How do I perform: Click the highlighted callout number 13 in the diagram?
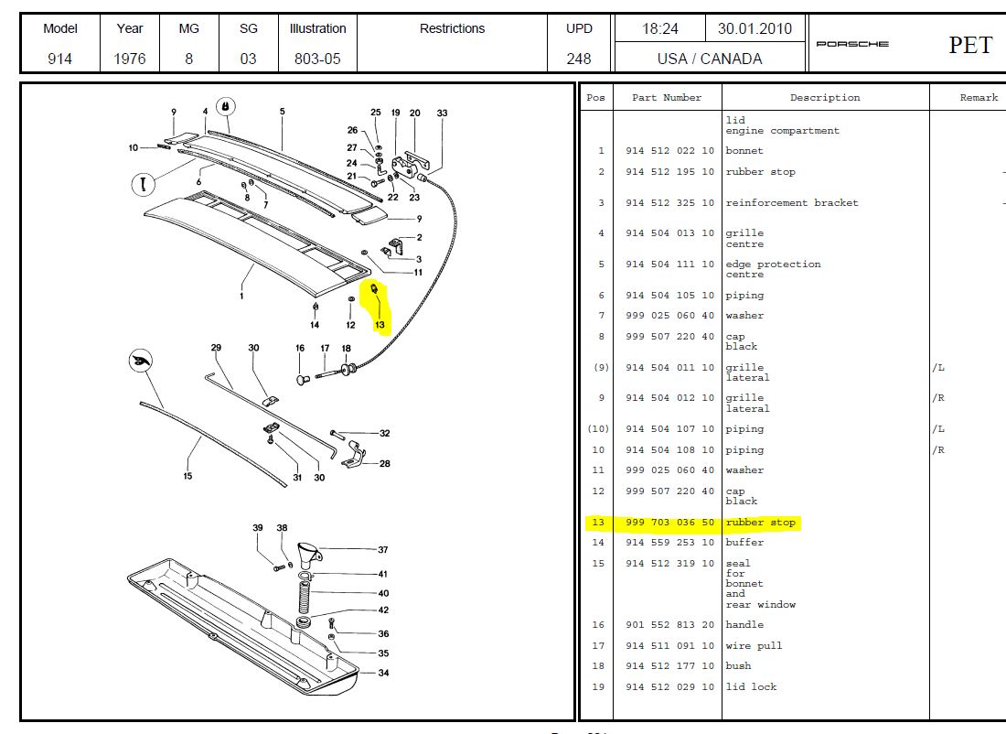coord(380,325)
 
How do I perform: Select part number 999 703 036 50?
coord(669,523)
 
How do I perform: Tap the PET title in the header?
coord(969,45)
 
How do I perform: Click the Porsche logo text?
coord(851,45)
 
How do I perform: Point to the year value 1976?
coord(130,59)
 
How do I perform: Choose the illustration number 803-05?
coord(317,59)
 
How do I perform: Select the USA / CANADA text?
coord(709,59)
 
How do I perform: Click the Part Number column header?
coord(667,98)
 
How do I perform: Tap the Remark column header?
coord(979,98)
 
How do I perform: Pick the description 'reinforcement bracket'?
coord(792,202)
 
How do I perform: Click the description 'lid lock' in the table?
coord(751,686)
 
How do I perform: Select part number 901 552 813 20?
coord(669,624)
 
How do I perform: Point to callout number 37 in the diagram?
coord(383,550)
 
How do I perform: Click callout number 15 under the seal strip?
coord(187,476)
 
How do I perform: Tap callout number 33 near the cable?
coord(443,113)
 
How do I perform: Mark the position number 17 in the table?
coord(597,645)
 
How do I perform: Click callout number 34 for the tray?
coord(384,673)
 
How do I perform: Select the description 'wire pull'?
coord(754,645)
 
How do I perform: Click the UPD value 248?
coord(579,59)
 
